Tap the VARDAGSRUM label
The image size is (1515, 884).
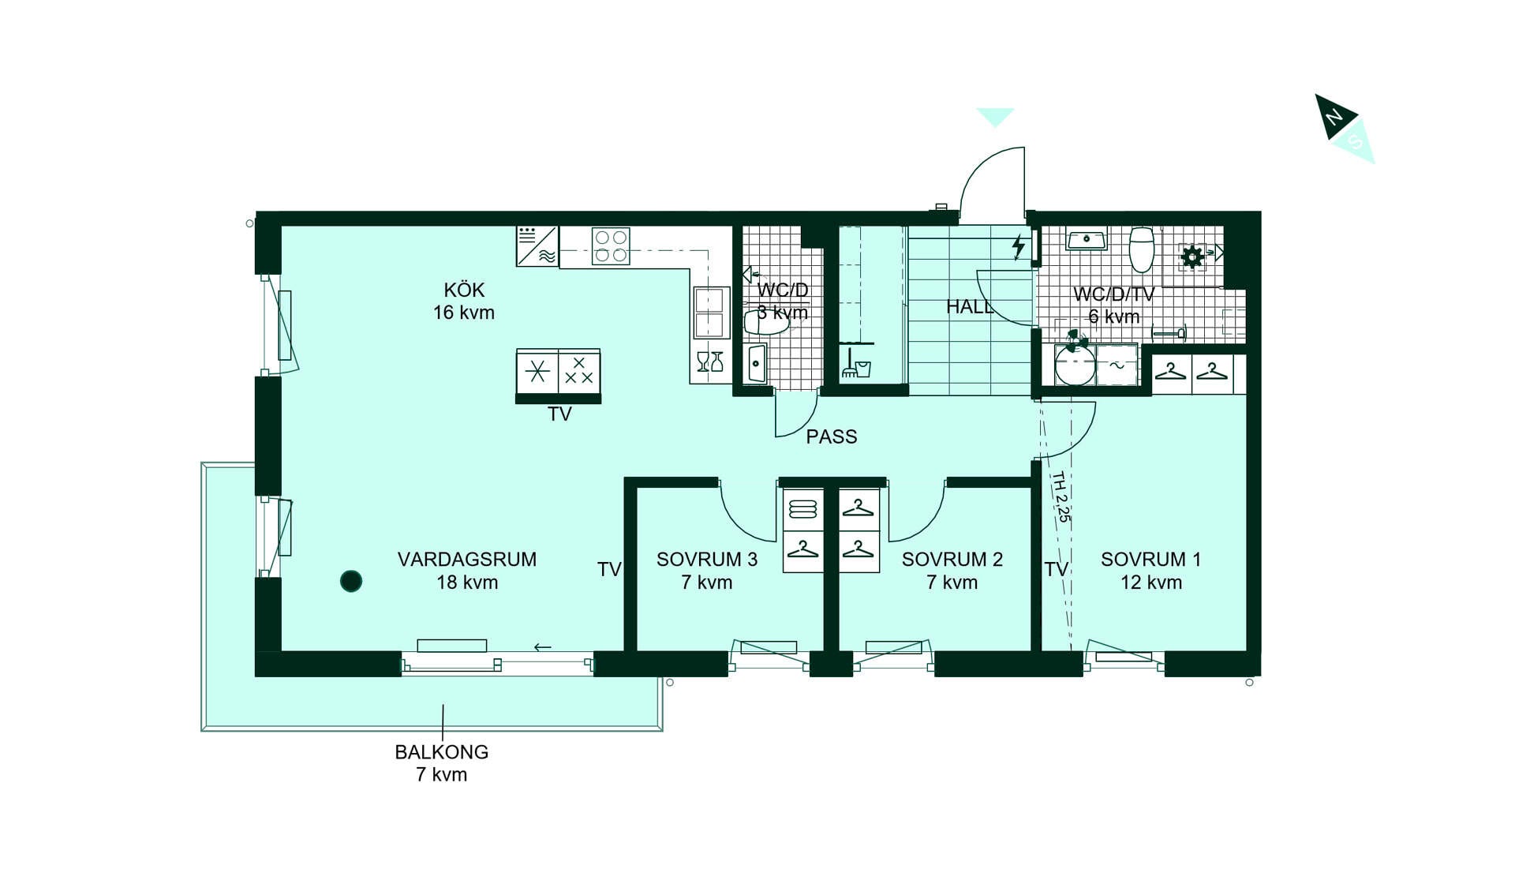pos(467,560)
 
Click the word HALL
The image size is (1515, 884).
pos(970,307)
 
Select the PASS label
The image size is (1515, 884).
pos(832,436)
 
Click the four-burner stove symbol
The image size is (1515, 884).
pos(611,245)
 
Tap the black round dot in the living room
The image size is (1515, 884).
pos(351,582)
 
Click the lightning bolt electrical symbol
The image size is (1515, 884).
pos(1019,247)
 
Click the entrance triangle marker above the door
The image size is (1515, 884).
pos(995,117)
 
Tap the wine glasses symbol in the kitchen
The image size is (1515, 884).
pos(710,361)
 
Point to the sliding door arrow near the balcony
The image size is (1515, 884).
pos(543,647)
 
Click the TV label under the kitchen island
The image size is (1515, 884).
pos(559,414)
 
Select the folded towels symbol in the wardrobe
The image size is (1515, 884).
pos(803,509)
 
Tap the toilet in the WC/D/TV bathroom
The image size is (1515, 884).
pos(1142,249)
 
